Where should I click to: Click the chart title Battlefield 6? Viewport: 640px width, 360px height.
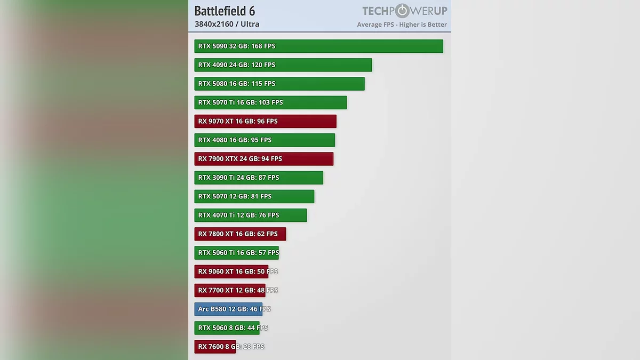point(225,11)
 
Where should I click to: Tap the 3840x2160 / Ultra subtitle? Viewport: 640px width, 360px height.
point(227,24)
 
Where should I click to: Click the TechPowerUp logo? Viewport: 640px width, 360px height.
point(404,11)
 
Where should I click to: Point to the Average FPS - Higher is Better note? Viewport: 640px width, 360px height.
point(402,25)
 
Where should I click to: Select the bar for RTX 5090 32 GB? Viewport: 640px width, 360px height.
point(318,46)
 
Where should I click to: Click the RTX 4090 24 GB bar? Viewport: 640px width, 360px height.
point(283,65)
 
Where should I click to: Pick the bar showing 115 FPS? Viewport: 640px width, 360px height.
point(279,84)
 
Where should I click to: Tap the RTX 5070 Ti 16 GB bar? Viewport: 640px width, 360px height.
point(270,102)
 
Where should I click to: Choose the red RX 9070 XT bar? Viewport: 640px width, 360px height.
point(265,121)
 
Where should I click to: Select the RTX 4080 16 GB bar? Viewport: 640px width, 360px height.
point(265,140)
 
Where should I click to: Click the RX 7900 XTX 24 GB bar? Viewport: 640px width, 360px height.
point(263,159)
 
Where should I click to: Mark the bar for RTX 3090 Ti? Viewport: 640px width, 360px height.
point(259,178)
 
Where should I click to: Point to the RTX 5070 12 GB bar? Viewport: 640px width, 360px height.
point(254,196)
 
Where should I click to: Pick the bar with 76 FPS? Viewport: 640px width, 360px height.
point(250,215)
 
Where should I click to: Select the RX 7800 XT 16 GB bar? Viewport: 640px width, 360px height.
point(240,234)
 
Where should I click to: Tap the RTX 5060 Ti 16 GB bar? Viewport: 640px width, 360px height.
point(236,253)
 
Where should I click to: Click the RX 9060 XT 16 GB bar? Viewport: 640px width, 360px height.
point(231,271)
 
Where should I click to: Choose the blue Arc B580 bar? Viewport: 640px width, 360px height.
point(228,309)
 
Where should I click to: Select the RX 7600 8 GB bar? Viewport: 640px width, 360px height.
point(215,347)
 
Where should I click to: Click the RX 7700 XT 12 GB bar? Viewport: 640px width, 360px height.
point(229,290)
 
